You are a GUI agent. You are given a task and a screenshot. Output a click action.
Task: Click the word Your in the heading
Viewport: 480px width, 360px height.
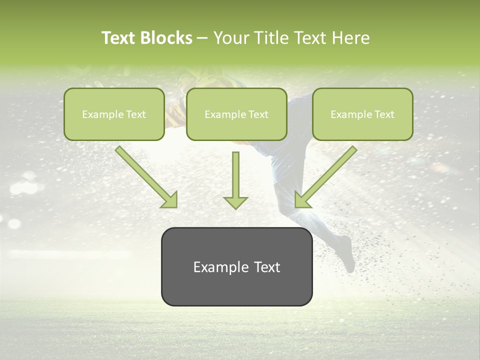[x=231, y=38]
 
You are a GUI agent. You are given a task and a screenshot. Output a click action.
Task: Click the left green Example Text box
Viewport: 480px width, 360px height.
[x=114, y=114]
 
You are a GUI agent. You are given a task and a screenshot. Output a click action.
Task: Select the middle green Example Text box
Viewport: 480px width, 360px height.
[x=236, y=114]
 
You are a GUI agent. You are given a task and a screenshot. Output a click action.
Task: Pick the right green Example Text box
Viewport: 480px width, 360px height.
[x=362, y=114]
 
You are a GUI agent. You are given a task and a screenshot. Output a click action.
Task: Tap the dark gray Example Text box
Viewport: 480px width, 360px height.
[x=236, y=266]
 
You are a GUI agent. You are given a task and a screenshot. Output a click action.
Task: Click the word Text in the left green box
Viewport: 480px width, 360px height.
[x=135, y=114]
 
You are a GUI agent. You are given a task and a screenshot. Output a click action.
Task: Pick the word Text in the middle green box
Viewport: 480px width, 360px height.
[x=258, y=114]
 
